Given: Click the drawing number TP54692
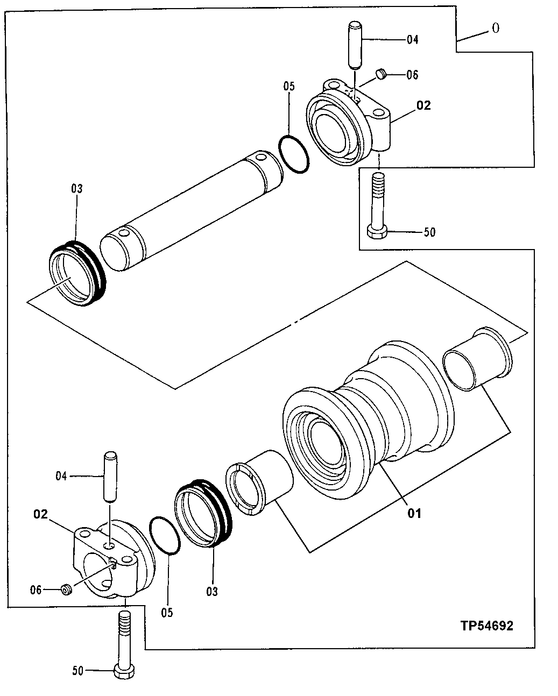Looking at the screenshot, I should pos(486,626).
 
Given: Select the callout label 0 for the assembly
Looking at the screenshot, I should pos(495,29).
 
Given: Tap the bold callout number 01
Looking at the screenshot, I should pos(413,513).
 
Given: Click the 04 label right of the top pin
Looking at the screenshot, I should pos(412,39).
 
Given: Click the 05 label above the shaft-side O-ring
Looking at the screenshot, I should pos(289,87).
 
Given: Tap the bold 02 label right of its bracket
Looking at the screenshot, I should pos(423,105).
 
